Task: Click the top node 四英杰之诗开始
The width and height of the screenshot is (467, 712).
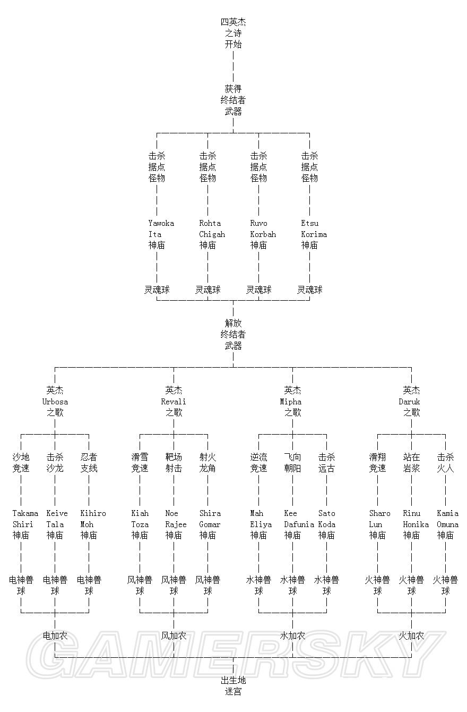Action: point(233,33)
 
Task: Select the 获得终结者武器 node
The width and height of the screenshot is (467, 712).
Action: point(233,100)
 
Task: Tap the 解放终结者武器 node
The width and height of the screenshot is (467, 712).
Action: point(233,334)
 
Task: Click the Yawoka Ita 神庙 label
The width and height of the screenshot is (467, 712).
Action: point(161,234)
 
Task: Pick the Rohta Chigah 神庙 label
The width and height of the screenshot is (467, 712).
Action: point(212,234)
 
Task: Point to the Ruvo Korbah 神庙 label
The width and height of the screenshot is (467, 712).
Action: point(263,234)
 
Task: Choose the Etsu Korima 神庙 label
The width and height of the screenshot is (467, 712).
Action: point(314,234)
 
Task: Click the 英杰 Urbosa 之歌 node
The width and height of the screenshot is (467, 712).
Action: point(55,401)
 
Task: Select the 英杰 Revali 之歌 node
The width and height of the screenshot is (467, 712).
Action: point(174,401)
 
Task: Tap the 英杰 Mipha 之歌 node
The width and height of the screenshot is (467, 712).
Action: point(292,401)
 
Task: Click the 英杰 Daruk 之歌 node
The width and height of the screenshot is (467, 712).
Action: point(411,401)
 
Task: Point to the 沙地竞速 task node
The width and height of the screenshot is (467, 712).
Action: point(21,462)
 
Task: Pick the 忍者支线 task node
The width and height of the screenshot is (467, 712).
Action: point(89,462)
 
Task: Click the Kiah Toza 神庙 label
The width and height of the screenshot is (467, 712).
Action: point(140,524)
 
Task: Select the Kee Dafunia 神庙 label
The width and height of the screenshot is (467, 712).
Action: point(298,524)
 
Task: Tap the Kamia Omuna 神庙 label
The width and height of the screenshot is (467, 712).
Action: point(447,524)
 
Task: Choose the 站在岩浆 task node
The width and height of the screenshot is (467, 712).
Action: point(411,462)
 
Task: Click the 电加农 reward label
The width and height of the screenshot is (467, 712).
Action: point(55,635)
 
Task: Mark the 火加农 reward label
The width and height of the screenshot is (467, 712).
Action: point(411,635)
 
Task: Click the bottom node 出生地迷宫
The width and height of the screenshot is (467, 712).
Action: point(233,685)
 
